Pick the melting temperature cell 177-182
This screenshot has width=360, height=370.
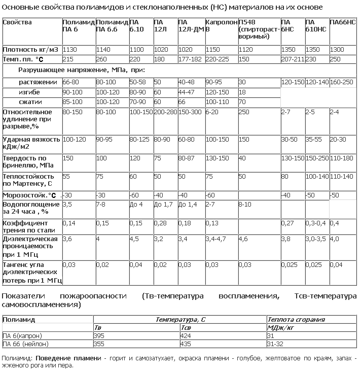tap(190, 59)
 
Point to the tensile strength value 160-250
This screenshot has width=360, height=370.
tap(342, 82)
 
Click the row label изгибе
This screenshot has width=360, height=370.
tap(29, 92)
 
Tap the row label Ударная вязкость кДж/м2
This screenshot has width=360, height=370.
tap(31, 143)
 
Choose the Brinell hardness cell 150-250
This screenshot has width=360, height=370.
tap(317, 158)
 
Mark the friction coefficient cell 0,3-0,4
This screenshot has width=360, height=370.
tap(316, 223)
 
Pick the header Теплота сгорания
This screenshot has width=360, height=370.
tap(296, 320)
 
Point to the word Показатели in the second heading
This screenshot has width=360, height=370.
tap(23, 296)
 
